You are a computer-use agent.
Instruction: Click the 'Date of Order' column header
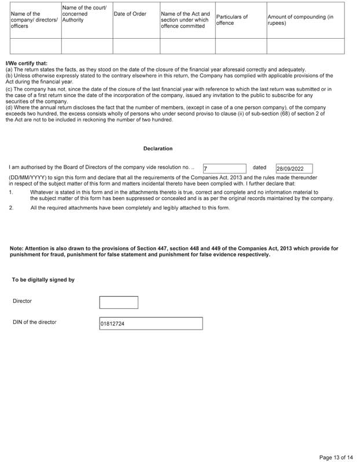click(x=130, y=14)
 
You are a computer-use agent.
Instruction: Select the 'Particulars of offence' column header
click(x=232, y=20)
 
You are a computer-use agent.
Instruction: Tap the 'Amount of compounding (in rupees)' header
click(x=300, y=20)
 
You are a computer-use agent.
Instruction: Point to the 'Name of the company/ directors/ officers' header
click(x=34, y=20)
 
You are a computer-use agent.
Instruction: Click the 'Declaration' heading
click(x=158, y=149)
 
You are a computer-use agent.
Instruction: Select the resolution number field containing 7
click(x=225, y=169)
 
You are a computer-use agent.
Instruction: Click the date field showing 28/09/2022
click(x=294, y=169)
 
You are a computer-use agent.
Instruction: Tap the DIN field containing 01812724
click(x=151, y=324)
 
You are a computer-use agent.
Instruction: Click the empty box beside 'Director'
click(x=119, y=302)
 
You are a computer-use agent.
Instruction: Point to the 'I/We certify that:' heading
click(x=26, y=63)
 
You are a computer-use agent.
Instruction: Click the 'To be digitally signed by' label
click(x=43, y=280)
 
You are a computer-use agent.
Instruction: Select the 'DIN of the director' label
click(x=34, y=322)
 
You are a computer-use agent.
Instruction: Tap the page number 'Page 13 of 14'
click(x=335, y=457)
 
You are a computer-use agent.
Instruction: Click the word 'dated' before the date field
click(x=259, y=168)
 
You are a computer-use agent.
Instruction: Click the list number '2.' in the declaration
click(x=11, y=208)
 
